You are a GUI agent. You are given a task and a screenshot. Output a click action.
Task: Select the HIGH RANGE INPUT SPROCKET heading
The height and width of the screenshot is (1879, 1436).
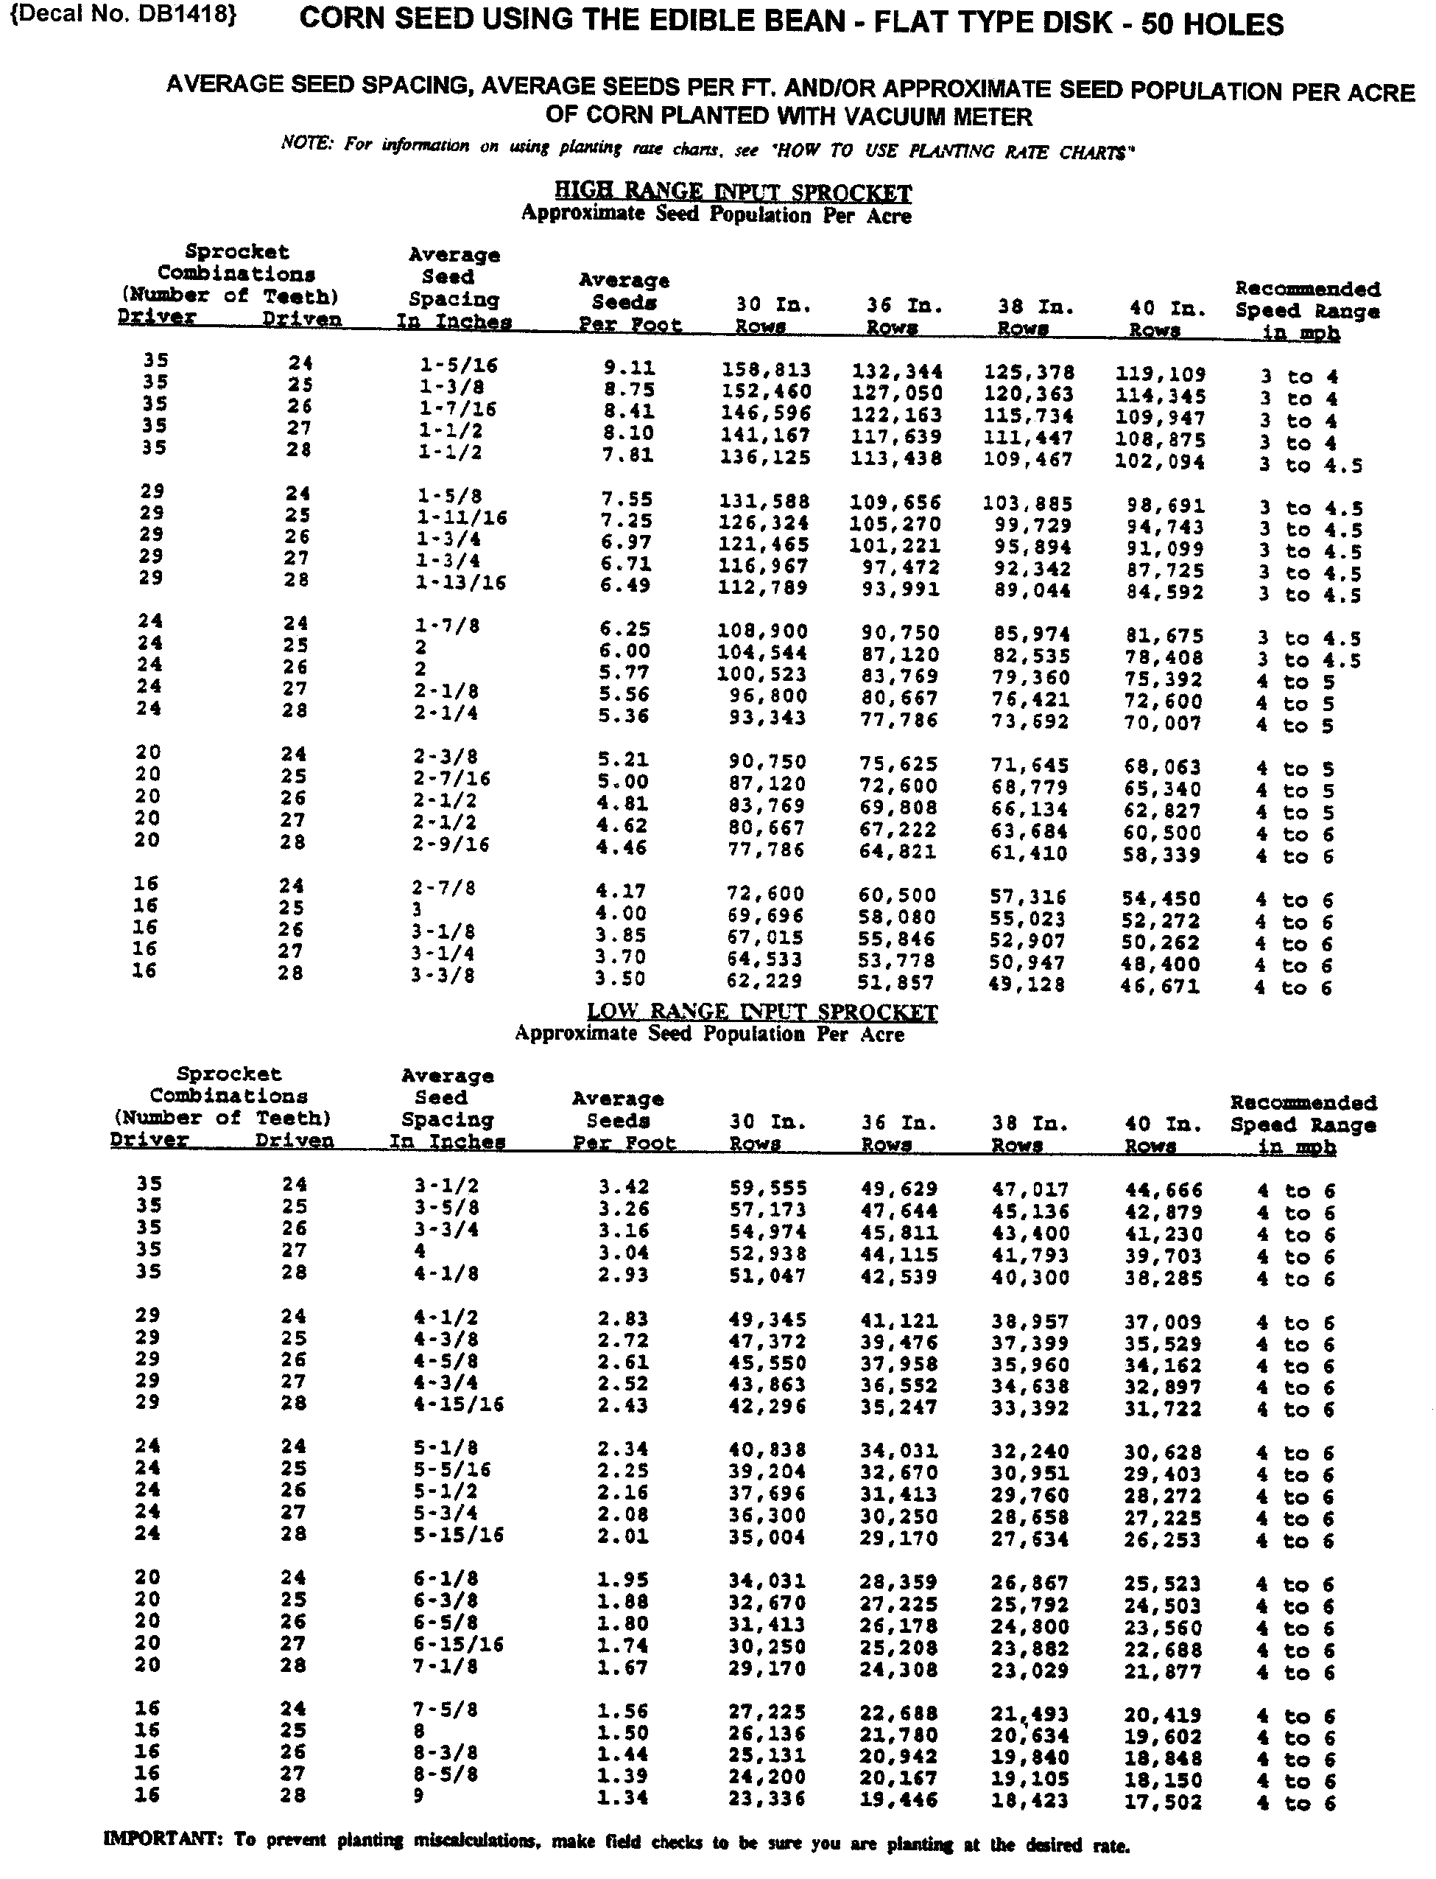coord(733,192)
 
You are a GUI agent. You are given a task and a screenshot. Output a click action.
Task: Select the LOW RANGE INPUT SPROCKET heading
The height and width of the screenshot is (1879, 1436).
coord(761,1012)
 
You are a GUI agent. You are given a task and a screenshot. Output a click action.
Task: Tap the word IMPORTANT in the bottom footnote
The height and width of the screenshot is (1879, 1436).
coord(164,1838)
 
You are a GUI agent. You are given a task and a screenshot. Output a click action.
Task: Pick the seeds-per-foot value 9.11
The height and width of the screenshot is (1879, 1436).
coord(629,368)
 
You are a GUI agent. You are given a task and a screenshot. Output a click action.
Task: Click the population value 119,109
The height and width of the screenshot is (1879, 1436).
coord(1160,374)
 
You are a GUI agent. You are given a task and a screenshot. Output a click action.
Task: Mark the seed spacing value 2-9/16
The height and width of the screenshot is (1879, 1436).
coord(454,844)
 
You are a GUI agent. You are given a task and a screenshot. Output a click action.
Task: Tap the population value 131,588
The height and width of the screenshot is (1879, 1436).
coord(764,501)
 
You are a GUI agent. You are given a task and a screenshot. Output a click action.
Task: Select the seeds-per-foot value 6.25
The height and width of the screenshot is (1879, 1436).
coord(624,629)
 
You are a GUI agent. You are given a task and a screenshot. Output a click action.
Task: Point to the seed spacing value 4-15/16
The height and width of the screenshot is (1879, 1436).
coord(459,1404)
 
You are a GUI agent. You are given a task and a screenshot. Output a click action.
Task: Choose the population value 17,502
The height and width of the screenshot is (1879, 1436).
coord(1163,1802)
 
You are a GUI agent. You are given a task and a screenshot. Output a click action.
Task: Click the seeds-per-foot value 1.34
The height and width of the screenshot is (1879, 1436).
coord(622,1797)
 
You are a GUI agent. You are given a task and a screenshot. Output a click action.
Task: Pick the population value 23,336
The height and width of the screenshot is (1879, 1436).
coord(767,1798)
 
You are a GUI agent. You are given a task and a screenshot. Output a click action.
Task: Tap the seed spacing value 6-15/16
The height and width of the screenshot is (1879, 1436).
coord(458,1644)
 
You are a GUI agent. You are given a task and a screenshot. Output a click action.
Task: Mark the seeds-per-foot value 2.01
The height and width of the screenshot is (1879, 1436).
coord(622,1536)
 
